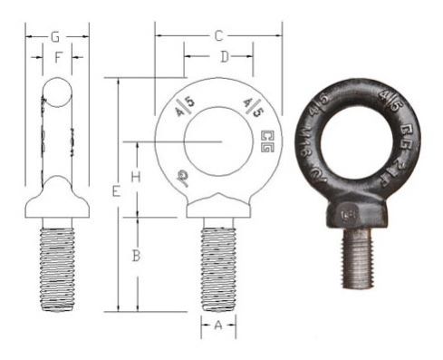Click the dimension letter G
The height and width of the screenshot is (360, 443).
pyautogui.click(x=55, y=37)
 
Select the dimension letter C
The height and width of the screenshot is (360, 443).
pyautogui.click(x=218, y=37)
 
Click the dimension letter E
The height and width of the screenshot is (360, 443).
pyautogui.click(x=114, y=191)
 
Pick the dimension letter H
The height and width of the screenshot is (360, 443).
pyautogui.click(x=134, y=176)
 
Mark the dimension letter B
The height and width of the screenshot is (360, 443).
pyautogui.click(x=134, y=256)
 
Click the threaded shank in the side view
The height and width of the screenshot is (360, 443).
pyautogui.click(x=56, y=268)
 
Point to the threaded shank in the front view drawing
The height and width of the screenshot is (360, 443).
pyautogui.click(x=218, y=265)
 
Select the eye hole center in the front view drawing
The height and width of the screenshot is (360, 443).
pyautogui.click(x=217, y=142)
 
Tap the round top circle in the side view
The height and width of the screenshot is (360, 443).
pyautogui.click(x=56, y=92)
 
